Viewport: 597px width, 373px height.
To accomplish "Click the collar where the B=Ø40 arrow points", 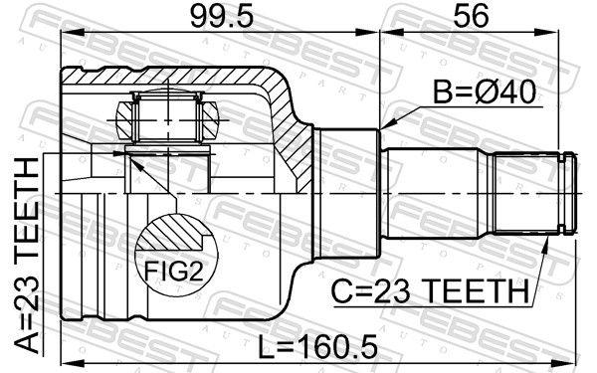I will [x=350, y=189].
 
